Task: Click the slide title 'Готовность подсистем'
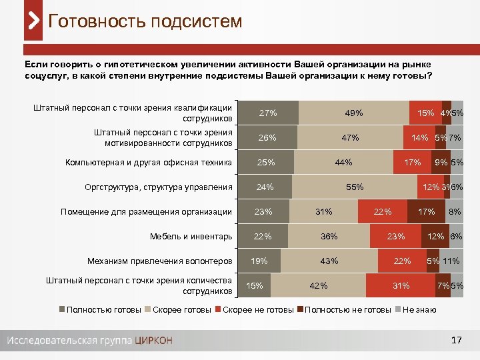point(145,21)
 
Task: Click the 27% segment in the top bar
point(268,113)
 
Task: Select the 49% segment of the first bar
point(353,113)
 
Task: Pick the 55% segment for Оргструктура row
point(354,187)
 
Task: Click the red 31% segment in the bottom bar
point(401,286)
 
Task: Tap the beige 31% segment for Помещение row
point(324,212)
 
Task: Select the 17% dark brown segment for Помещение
point(427,212)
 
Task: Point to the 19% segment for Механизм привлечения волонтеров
point(260,261)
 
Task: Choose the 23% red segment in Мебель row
point(396,236)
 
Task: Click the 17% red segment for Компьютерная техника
point(412,162)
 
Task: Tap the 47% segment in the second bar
point(350,137)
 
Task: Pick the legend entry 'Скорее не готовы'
point(257,310)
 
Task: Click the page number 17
point(456,341)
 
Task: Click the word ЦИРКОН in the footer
point(153,341)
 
